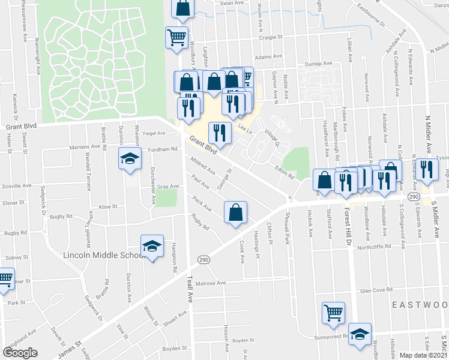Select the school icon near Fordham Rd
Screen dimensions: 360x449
pos(128,159)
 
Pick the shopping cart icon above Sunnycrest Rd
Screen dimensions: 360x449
pos(333,312)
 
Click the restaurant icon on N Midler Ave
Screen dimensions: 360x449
pos(427,169)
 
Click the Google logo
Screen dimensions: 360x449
pos(20,352)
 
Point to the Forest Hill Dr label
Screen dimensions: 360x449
pos(346,222)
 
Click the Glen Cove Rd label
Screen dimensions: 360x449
pos(377,290)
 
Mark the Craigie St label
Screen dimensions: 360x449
pos(271,37)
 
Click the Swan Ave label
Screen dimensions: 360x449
pos(233,3)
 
